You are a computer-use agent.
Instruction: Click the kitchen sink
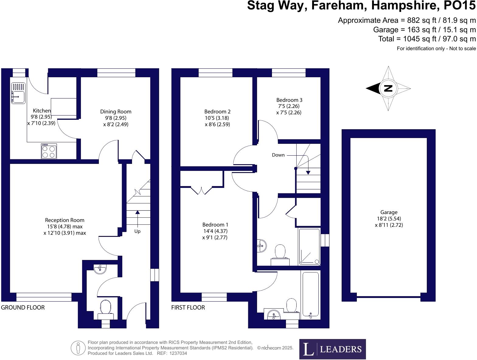(x=18, y=93)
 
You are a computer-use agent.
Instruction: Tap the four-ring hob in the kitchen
(x=49, y=151)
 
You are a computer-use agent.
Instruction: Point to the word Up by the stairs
(x=137, y=231)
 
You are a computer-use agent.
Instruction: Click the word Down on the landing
(x=278, y=155)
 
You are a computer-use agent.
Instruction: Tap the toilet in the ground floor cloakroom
(x=106, y=310)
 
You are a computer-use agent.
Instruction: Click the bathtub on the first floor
(x=311, y=295)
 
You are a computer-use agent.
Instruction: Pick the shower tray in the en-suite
(x=309, y=247)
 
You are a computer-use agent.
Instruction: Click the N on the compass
(x=388, y=88)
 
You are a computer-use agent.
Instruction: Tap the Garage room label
(x=389, y=218)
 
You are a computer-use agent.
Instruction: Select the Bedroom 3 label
(x=289, y=106)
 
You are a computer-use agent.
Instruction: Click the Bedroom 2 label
(x=217, y=118)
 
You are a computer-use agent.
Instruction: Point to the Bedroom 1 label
(x=215, y=231)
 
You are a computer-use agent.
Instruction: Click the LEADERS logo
(x=333, y=349)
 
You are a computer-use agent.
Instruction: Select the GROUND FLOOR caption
(x=23, y=307)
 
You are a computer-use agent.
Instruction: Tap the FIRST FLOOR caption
(x=188, y=307)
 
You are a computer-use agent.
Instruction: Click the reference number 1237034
(x=178, y=353)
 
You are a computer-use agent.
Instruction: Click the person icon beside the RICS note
(x=78, y=348)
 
